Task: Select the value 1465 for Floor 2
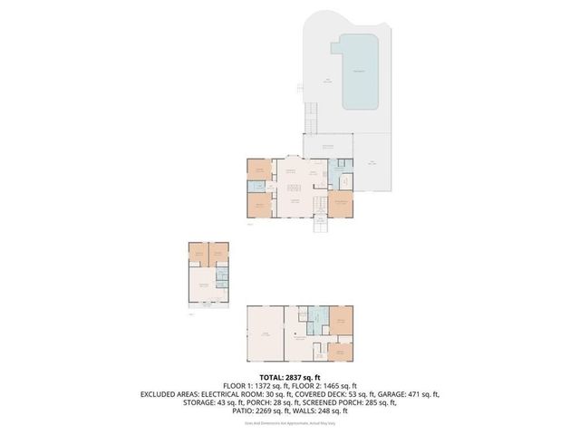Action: coord(325,386)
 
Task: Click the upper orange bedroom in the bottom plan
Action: coord(342,318)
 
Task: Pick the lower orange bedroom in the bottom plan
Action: coord(342,351)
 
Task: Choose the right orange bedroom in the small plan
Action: coord(218,254)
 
